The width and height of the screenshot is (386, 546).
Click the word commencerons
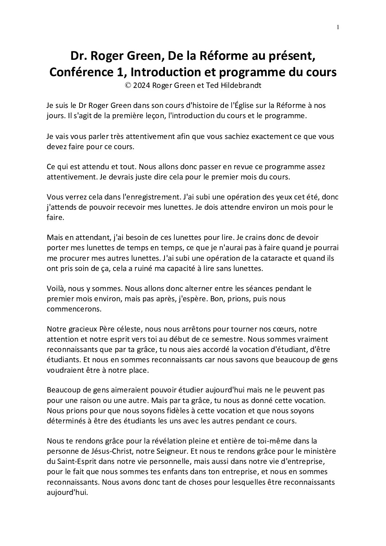75,309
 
